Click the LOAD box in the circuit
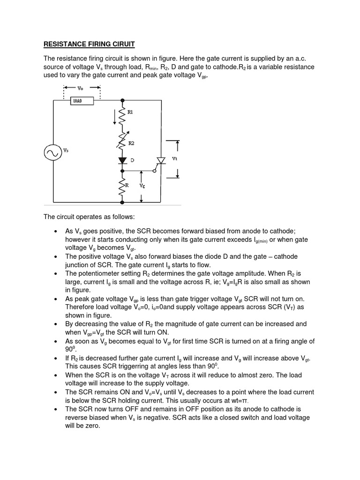(x=82, y=100)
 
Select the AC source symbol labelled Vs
(x=52, y=152)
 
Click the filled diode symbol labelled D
(x=123, y=160)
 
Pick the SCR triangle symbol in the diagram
(x=162, y=160)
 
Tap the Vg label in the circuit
(x=142, y=186)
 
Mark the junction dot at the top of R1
(x=123, y=100)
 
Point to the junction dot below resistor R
(x=123, y=203)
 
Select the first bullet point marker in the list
(x=56, y=232)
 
